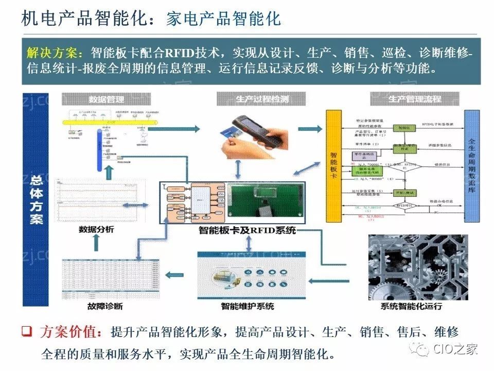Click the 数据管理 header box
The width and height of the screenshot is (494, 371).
(x=106, y=99)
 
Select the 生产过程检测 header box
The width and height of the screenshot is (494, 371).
(x=260, y=99)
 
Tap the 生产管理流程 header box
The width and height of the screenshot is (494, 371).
(x=415, y=99)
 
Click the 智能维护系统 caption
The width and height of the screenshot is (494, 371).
(x=248, y=306)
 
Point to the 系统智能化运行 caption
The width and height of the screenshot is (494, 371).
(x=412, y=307)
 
